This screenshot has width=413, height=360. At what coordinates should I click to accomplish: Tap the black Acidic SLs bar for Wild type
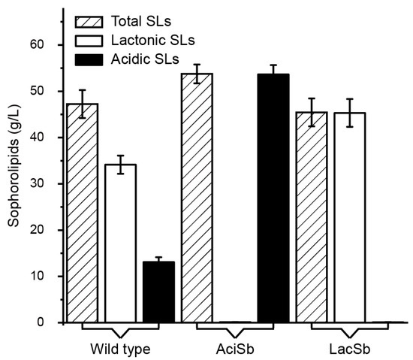pos(158,292)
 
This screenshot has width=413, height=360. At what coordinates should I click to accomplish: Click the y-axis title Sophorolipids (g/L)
pos(13,184)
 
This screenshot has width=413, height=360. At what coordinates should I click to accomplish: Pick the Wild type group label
pos(120,349)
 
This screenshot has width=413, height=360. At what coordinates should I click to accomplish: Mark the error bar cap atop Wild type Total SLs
pos(82,90)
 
